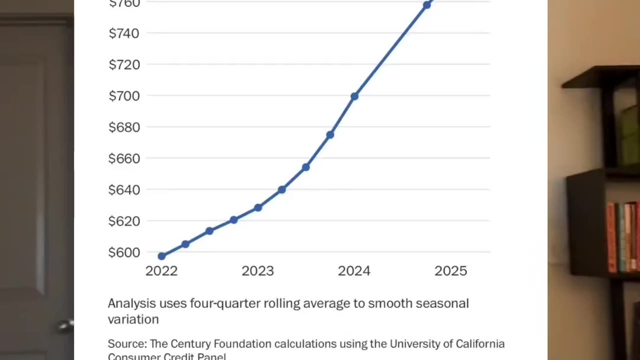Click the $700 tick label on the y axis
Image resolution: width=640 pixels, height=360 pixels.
coord(123,95)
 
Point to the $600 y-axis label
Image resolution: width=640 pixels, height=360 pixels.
coord(123,252)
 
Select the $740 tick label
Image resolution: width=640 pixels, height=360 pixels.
coord(123,33)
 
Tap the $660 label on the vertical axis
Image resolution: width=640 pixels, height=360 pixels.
coord(123,158)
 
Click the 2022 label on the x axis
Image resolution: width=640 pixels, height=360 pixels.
coord(161,271)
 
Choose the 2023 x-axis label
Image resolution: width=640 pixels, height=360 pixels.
coord(257,271)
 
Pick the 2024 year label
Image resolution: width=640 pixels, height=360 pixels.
coord(354,271)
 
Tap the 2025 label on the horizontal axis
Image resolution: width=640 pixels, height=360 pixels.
coord(450,271)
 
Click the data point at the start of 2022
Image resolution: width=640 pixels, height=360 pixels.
coord(161,256)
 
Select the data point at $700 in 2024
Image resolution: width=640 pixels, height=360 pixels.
coord(354,96)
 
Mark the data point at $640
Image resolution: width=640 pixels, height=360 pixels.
coord(281,190)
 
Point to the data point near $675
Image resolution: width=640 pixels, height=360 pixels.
coord(330,135)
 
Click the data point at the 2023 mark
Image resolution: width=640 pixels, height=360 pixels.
coord(258,207)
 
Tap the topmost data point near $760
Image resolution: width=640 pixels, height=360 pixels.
coord(426,5)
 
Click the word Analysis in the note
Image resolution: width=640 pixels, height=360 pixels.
coord(131,303)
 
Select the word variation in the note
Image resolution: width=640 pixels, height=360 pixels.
coord(133,319)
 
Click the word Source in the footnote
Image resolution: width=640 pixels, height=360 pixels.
coord(126,344)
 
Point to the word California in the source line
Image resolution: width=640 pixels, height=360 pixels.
coord(480,344)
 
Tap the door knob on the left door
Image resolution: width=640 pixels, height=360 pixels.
coord(65,326)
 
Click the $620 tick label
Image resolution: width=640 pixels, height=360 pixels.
coord(123,221)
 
